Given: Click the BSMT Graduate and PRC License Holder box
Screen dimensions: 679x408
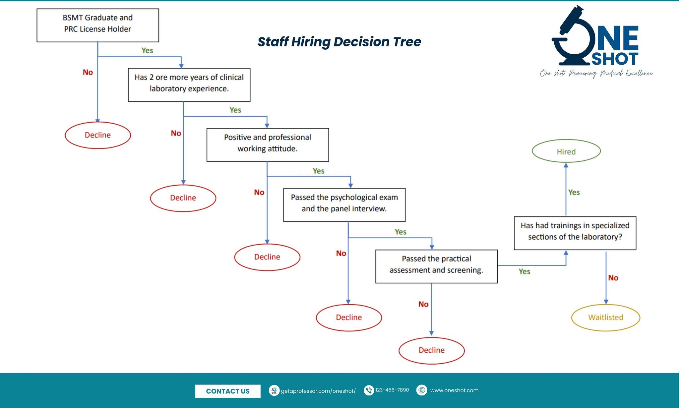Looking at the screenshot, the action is click(98, 25).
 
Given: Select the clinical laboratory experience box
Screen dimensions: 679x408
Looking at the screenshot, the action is click(189, 85).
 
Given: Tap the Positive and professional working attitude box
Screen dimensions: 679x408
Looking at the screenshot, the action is click(268, 145).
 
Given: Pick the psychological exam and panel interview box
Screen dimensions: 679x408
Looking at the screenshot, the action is click(344, 205).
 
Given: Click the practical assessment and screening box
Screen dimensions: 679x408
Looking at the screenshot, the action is click(436, 266).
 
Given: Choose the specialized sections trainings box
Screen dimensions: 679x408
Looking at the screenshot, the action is click(575, 233).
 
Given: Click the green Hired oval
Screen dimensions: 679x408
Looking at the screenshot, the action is click(566, 151).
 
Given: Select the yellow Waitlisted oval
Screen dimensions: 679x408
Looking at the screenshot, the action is click(606, 318).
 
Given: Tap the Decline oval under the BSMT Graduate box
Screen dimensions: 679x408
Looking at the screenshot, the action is click(98, 135).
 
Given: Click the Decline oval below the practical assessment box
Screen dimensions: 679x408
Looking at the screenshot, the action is click(432, 351).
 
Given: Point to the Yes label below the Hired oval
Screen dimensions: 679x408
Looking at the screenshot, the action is click(574, 193).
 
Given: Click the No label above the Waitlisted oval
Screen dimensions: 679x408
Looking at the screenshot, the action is click(613, 278).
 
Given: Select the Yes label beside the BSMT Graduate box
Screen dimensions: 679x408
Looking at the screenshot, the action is click(147, 50).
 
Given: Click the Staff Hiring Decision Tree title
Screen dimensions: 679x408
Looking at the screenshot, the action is click(339, 42).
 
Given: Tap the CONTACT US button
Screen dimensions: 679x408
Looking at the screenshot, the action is click(228, 391).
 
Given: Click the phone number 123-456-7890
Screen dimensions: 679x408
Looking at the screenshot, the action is click(392, 390).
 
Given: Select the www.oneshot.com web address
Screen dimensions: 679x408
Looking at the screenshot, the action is click(454, 390).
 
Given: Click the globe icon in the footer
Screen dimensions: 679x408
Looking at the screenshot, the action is click(422, 390).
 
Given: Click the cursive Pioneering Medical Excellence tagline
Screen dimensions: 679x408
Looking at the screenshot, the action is click(596, 73).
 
